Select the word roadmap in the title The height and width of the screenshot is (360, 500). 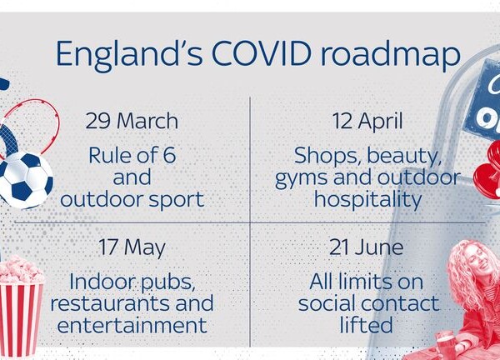point(390,54)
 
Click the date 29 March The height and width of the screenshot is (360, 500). point(132,121)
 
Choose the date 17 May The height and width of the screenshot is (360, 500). point(132,248)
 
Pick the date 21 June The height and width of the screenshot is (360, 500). point(366,247)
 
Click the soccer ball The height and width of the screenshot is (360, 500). point(25,180)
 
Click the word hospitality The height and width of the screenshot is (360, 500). point(368,200)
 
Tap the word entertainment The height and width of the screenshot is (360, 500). point(132,325)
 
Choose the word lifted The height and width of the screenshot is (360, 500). point(366,324)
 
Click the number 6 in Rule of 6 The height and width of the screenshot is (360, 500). point(169,155)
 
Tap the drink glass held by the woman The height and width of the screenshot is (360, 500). point(446,342)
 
